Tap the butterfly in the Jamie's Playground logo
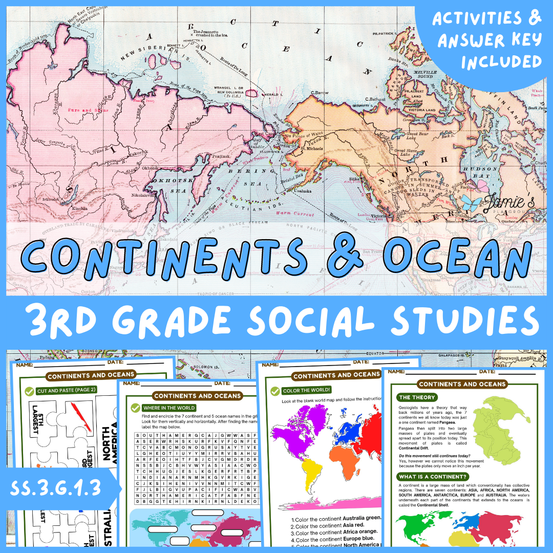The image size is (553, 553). click(467, 201)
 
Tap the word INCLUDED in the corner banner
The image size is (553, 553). click(501, 61)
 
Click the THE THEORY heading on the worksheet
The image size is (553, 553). click(417, 397)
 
